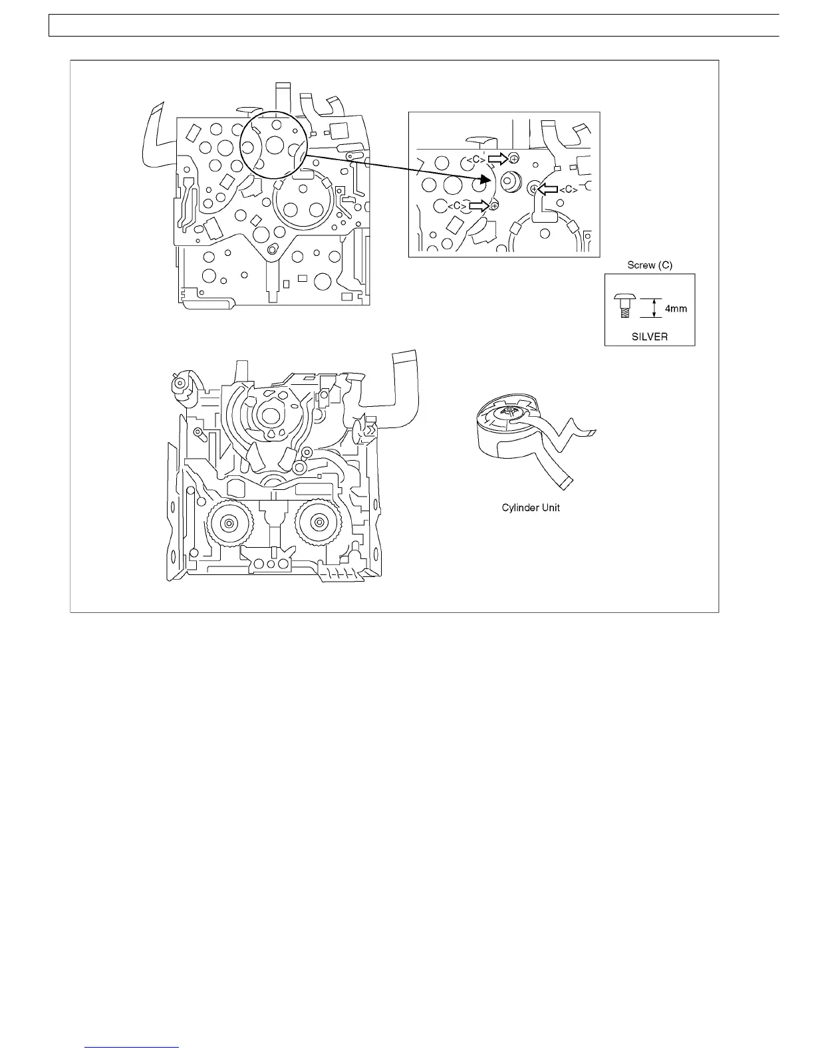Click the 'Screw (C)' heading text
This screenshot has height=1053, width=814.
[x=650, y=265]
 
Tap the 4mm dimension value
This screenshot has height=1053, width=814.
[x=676, y=308]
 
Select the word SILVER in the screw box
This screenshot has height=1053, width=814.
[x=650, y=336]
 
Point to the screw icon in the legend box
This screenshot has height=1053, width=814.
[x=623, y=305]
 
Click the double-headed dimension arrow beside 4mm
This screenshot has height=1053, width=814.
[x=655, y=308]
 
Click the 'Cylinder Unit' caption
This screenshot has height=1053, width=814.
[x=531, y=508]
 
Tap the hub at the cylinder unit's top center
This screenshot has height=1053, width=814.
[x=511, y=414]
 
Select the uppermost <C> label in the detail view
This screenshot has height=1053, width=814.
[x=474, y=160]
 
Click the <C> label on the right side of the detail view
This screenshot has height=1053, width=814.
[x=567, y=190]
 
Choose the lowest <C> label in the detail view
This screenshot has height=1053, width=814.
[x=456, y=206]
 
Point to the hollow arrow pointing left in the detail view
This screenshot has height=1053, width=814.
[x=547, y=189]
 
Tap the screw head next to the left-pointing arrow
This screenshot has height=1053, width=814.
[x=533, y=189]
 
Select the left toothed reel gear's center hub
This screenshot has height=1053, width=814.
[x=228, y=524]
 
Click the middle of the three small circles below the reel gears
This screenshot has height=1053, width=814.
[x=271, y=564]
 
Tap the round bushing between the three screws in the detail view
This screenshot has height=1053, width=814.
[x=511, y=181]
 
